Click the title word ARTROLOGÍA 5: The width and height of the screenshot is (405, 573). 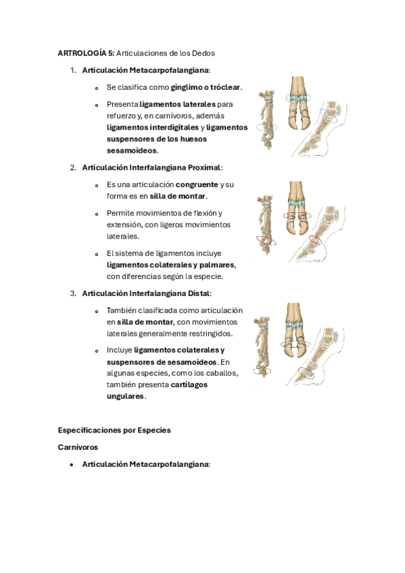pos(86,53)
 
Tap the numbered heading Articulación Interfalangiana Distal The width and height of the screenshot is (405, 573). pos(147,293)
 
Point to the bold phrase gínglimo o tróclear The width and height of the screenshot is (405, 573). pos(206,87)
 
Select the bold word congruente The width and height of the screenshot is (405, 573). pos(197,184)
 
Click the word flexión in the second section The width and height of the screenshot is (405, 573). pos(206,213)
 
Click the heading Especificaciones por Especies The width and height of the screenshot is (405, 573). pos(114,430)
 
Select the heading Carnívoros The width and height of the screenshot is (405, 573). pos(78,447)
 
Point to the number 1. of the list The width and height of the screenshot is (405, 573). pos(73,70)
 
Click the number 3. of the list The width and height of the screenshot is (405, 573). pos(73,293)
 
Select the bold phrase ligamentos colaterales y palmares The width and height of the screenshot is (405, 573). pos(170,265)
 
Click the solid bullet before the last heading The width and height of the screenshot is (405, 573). pos(71,465)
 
